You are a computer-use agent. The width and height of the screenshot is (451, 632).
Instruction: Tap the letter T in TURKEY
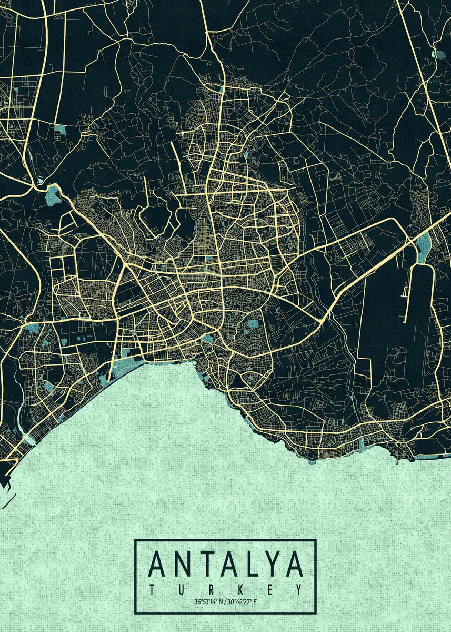pos(153,589)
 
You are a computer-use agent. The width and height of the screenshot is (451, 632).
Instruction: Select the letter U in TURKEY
pos(182,589)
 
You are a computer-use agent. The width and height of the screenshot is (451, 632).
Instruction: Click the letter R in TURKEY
pos(211,589)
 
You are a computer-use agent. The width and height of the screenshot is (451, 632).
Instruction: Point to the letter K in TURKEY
pos(240,589)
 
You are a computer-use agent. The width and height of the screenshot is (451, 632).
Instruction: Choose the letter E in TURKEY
pos(269,589)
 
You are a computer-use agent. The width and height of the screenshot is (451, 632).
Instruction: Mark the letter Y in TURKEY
pos(298,589)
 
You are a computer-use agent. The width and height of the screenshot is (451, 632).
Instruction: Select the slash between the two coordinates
pos(226,601)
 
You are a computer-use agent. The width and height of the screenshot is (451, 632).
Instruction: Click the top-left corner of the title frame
pos(135,540)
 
